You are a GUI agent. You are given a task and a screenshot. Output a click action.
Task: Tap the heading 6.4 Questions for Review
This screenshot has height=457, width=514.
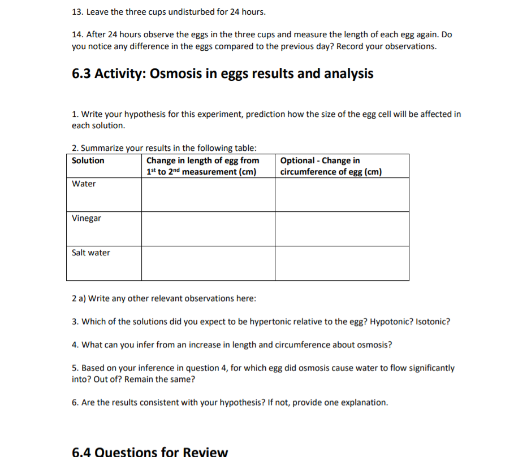point(150,452)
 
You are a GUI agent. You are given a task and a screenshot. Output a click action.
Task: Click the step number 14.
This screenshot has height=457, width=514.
point(77,34)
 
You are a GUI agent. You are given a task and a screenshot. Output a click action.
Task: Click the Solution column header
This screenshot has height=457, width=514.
point(88,160)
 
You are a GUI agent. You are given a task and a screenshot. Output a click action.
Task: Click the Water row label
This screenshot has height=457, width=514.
point(84,184)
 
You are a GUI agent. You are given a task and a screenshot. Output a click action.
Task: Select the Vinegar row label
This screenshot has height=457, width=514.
point(87,218)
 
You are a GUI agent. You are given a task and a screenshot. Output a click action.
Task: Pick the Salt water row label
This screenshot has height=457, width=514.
point(91,253)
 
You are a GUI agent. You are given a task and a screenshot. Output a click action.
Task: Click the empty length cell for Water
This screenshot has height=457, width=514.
point(208,195)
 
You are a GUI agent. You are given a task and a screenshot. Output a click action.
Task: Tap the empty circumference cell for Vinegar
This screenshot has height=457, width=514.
point(342,229)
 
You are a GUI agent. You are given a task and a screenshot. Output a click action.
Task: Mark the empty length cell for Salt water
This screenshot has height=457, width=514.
point(208,263)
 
